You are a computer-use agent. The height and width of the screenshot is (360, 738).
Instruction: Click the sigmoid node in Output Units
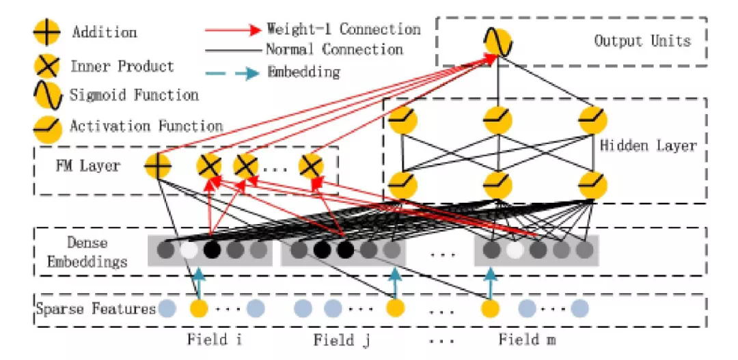(497, 42)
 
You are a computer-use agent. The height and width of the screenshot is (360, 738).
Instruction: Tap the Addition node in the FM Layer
(158, 165)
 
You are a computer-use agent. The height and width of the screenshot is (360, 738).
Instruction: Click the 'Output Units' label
(642, 40)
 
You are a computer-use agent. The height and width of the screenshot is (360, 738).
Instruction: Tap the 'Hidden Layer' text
(648, 146)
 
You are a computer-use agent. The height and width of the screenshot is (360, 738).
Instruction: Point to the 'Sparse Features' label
(96, 309)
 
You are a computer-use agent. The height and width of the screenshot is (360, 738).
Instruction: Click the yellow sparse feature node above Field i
(199, 309)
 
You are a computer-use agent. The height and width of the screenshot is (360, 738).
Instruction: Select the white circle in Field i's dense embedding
(188, 251)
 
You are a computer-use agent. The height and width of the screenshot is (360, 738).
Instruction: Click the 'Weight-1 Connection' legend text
(343, 30)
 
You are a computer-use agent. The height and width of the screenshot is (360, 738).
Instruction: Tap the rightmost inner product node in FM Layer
(311, 165)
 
